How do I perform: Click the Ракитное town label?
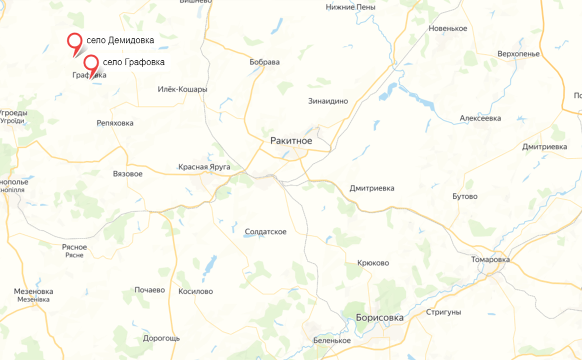(291, 141)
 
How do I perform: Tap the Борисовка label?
(379, 318)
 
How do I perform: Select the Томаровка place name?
(490, 259)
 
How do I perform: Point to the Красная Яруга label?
(204, 167)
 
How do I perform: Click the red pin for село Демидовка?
(75, 41)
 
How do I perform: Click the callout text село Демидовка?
(120, 40)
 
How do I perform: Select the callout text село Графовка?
(134, 62)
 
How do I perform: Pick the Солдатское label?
(265, 232)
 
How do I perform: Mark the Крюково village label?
(373, 263)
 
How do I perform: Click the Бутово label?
(465, 196)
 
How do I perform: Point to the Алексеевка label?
(480, 118)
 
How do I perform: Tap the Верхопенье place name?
(518, 54)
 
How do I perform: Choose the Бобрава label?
(264, 62)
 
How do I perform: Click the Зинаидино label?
(328, 101)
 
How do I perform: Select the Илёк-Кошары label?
(182, 89)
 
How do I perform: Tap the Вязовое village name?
(128, 174)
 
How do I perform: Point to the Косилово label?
(195, 291)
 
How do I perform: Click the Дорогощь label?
(161, 338)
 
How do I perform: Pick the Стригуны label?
(443, 312)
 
